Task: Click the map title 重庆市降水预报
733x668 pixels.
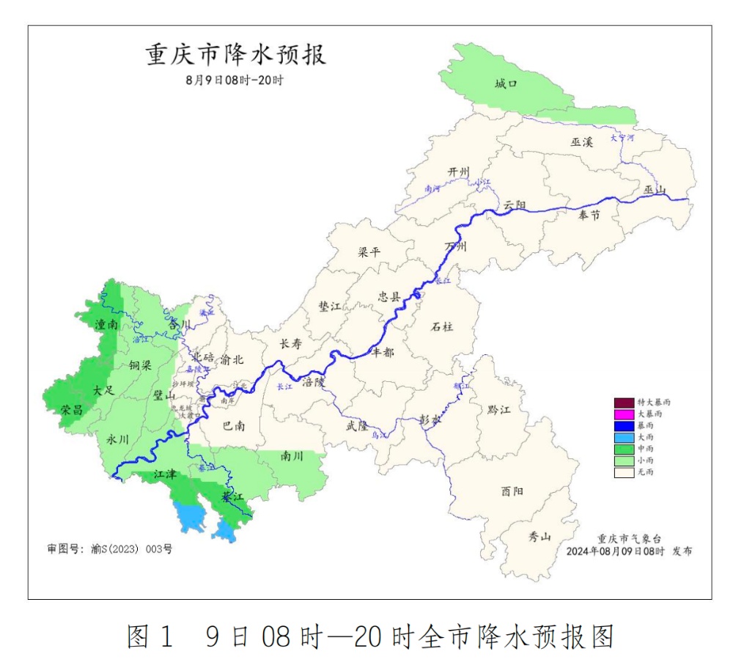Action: click(236, 55)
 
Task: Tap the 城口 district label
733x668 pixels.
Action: click(506, 84)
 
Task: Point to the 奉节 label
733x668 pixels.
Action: click(589, 215)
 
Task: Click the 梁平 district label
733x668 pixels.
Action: click(369, 252)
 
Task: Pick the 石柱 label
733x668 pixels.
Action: click(442, 326)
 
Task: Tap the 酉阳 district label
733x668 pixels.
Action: click(512, 491)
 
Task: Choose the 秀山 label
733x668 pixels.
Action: click(540, 537)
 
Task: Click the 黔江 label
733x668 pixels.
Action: click(499, 409)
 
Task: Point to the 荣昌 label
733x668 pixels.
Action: click(72, 410)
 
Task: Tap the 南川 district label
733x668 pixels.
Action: click(292, 455)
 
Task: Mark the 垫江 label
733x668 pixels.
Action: click(330, 307)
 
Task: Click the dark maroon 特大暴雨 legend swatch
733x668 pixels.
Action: click(623, 403)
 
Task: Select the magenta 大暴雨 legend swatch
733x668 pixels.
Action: click(623, 414)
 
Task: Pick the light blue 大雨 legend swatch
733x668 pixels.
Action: click(623, 438)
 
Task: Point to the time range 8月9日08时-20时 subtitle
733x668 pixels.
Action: click(235, 80)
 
